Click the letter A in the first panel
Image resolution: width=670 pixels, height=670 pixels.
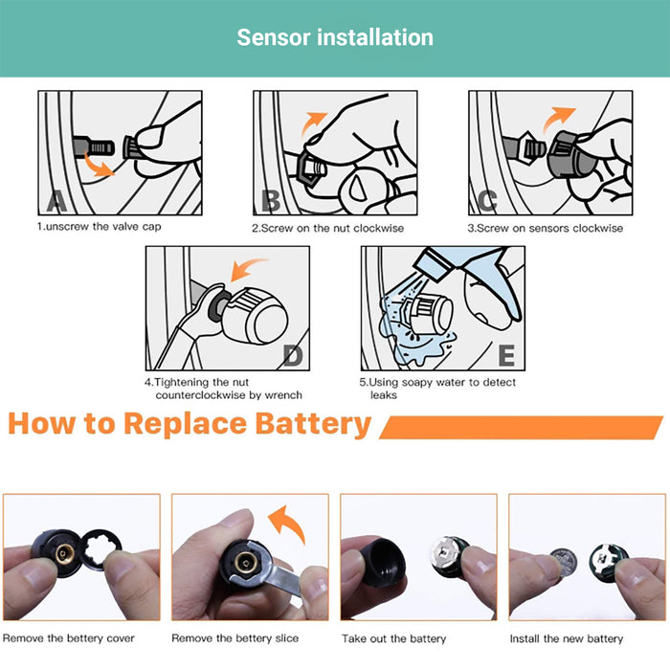pyautogui.click(x=56, y=202)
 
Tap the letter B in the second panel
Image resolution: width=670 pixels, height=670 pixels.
pyautogui.click(x=271, y=201)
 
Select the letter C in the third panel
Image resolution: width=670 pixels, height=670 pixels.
pyautogui.click(x=487, y=201)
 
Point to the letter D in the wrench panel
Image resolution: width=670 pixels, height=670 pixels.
pyautogui.click(x=293, y=355)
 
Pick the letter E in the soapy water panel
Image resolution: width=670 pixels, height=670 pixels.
pyautogui.click(x=506, y=355)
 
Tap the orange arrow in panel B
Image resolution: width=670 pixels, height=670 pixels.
pyautogui.click(x=313, y=123)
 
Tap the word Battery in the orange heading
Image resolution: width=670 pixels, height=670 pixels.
pyautogui.click(x=313, y=424)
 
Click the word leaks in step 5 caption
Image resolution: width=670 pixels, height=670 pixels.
pyautogui.click(x=383, y=395)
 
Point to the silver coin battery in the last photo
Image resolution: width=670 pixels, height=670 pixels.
pyautogui.click(x=564, y=562)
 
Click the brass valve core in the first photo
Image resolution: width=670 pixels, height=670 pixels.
pyautogui.click(x=64, y=554)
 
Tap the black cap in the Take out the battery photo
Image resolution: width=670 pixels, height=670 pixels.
pyautogui.click(x=383, y=561)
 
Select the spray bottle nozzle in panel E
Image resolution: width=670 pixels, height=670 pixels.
pyautogui.click(x=434, y=264)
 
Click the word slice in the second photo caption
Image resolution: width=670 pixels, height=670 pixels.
pyautogui.click(x=287, y=638)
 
